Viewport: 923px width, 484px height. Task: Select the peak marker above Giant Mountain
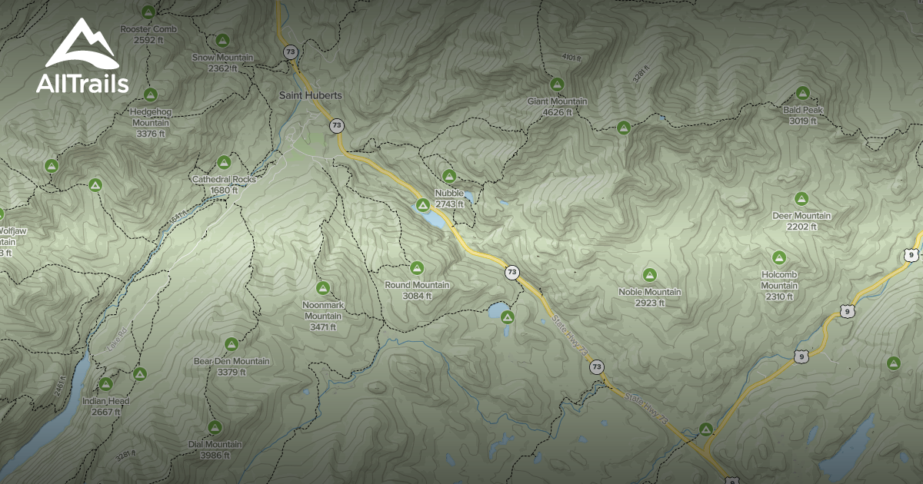[557, 84]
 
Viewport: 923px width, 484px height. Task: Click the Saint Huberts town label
[310, 95]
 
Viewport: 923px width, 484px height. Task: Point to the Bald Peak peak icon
[803, 93]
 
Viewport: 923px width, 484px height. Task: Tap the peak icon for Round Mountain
[417, 268]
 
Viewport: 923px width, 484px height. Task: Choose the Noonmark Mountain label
[323, 310]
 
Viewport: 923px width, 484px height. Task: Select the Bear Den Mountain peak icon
[231, 343]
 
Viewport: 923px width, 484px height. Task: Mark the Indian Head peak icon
[106, 384]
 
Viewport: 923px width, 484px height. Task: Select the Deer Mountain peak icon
[801, 199]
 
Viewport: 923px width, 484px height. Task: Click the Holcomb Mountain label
[779, 280]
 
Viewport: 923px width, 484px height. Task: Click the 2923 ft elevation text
[649, 303]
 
